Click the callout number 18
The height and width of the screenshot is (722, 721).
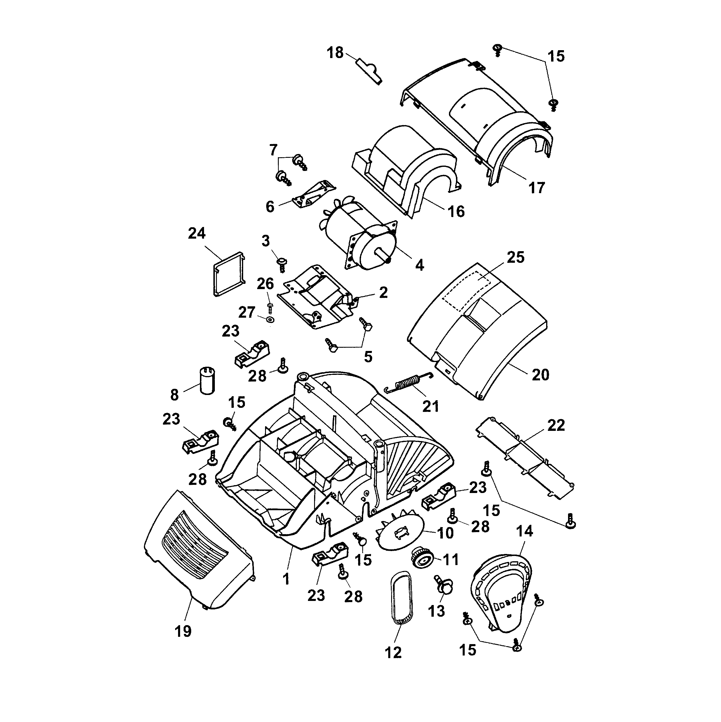[335, 53]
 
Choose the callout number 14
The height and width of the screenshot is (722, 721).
[524, 531]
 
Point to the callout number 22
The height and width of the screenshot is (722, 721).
[556, 425]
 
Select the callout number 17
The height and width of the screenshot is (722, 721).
[536, 188]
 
